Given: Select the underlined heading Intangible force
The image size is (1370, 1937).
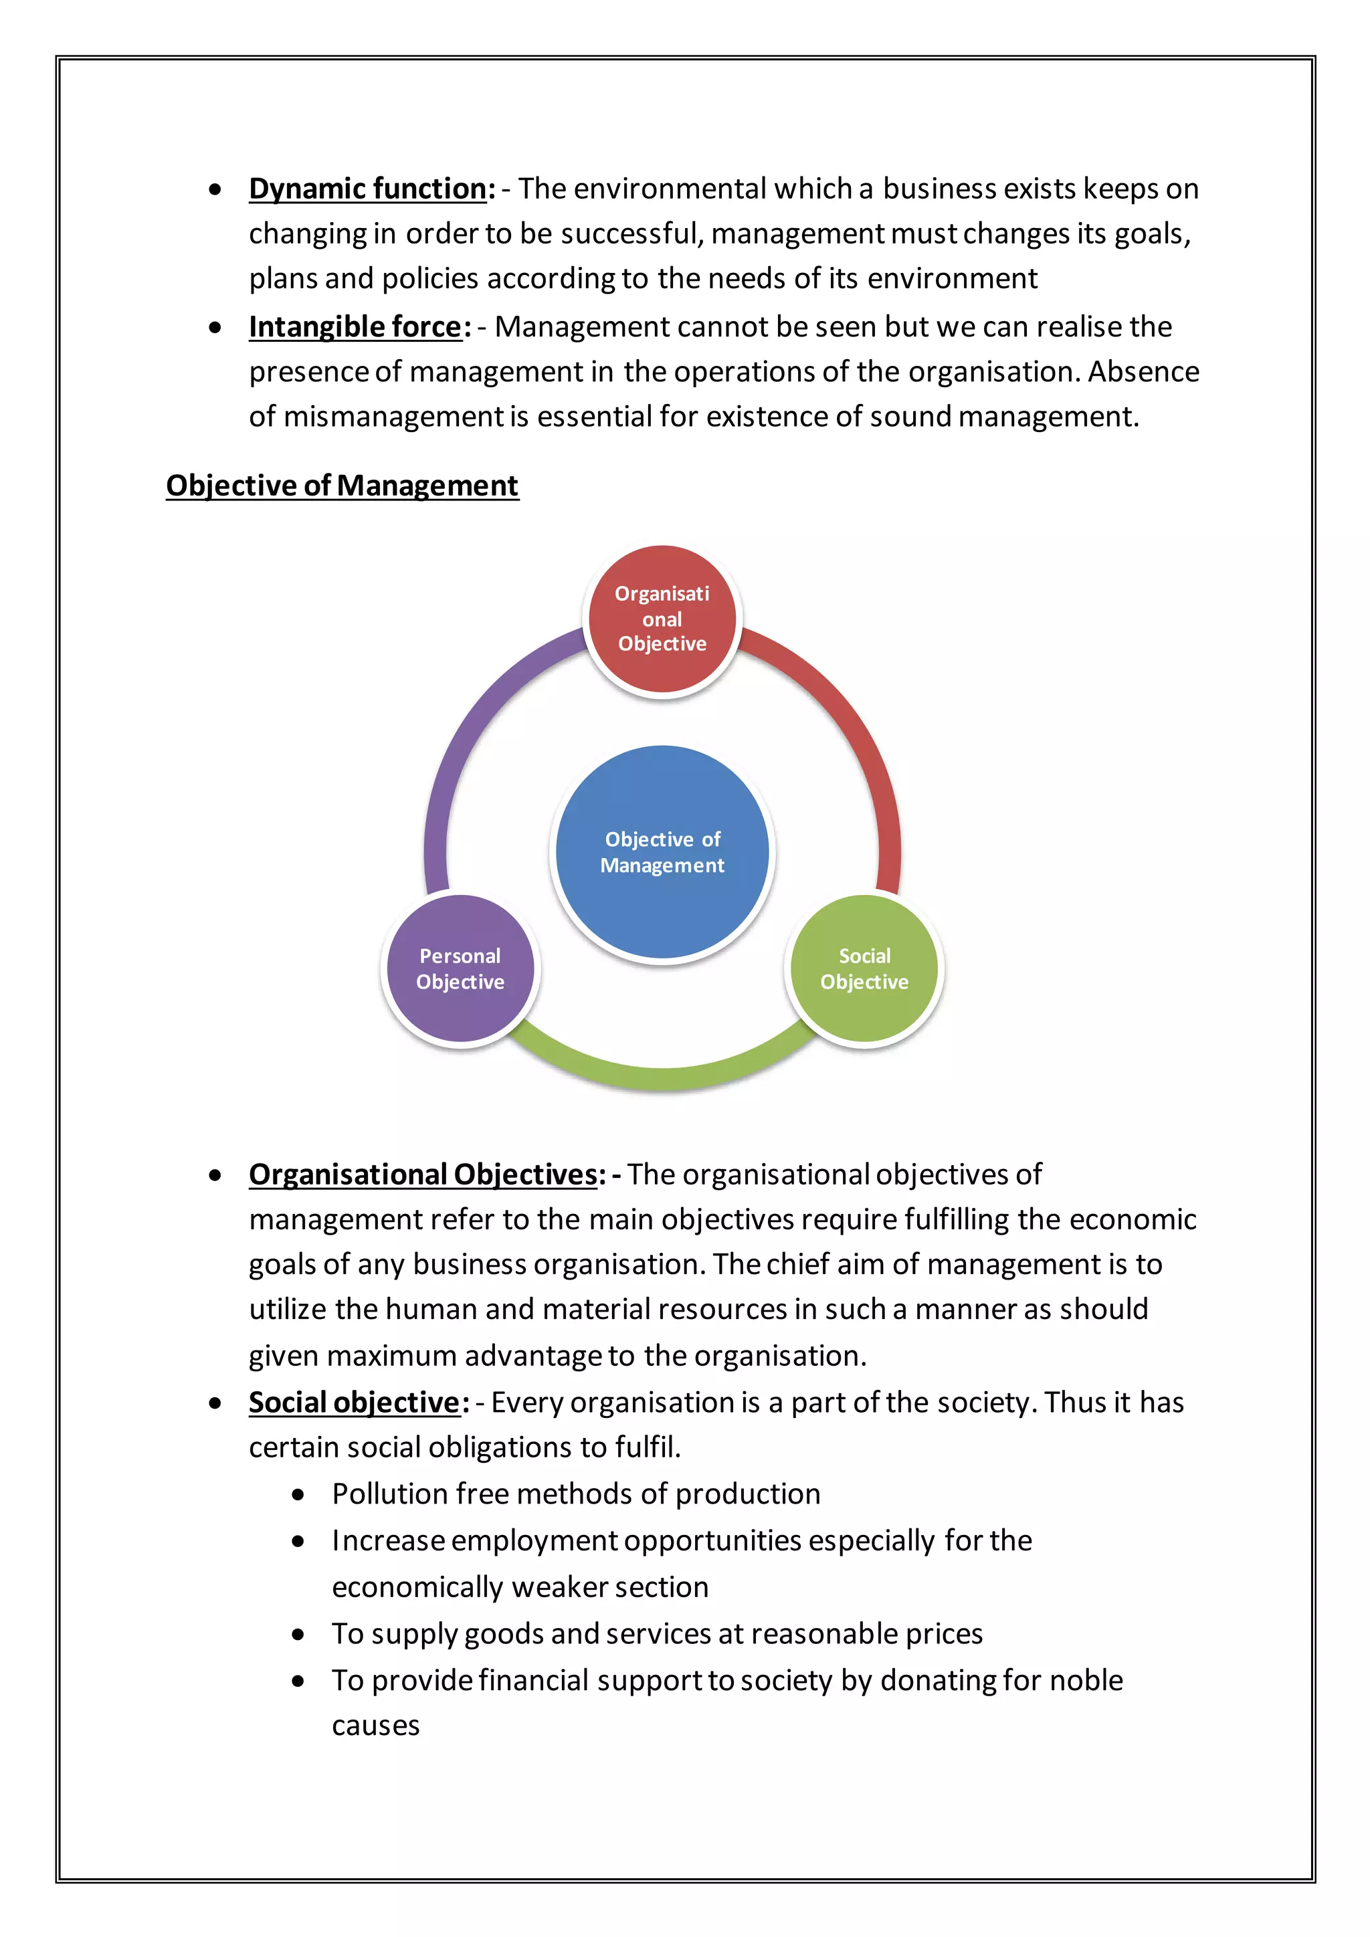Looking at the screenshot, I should click(355, 326).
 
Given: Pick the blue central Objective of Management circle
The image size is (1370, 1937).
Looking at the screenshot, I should click(662, 852).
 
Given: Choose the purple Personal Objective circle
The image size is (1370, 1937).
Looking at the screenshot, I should click(460, 968).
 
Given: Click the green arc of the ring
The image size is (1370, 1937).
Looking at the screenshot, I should click(662, 1076).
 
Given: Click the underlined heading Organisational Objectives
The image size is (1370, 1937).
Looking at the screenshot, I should click(423, 1175).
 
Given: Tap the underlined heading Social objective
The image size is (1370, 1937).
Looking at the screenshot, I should click(355, 1402).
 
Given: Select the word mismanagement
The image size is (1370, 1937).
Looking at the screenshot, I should click(393, 417).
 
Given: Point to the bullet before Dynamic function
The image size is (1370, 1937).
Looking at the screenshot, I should click(216, 190).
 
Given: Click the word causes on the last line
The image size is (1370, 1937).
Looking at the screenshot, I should click(375, 1726).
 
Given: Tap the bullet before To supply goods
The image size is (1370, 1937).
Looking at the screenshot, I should click(298, 1634).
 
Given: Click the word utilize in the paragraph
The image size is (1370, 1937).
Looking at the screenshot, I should click(288, 1310).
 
